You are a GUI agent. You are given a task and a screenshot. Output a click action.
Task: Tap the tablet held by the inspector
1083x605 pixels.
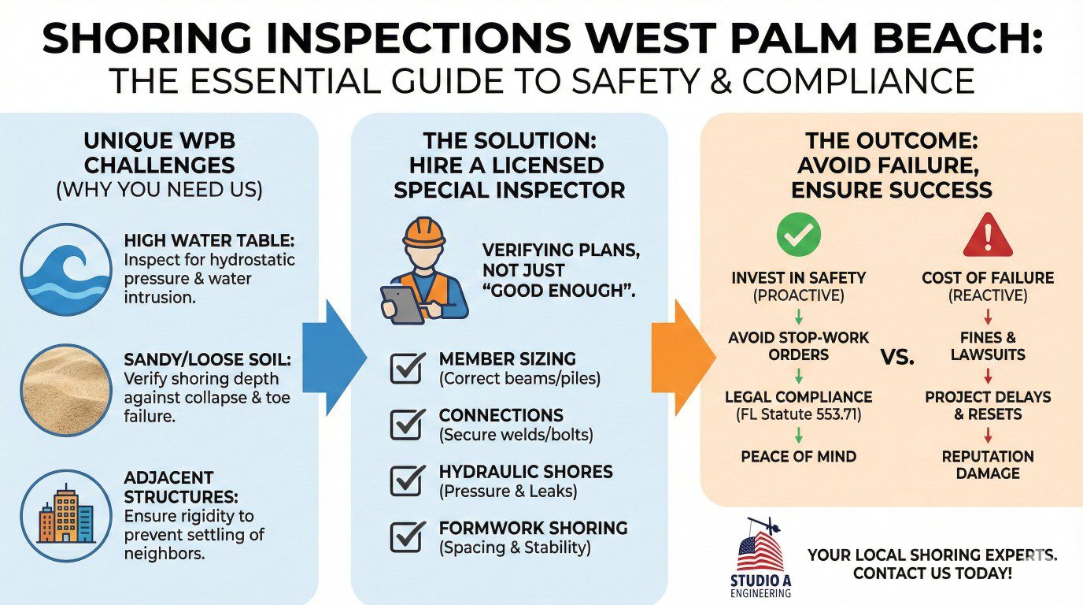click(x=401, y=304)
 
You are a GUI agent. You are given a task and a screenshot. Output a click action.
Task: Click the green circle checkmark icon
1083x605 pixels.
click(x=798, y=233)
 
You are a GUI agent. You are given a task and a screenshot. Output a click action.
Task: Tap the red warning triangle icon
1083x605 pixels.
click(x=987, y=234)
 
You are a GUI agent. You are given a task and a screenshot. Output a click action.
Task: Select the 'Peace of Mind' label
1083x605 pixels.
click(x=798, y=456)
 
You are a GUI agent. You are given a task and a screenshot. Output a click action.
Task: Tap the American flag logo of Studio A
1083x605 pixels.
click(x=760, y=549)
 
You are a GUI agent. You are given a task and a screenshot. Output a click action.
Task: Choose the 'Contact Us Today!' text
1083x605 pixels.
click(x=933, y=573)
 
